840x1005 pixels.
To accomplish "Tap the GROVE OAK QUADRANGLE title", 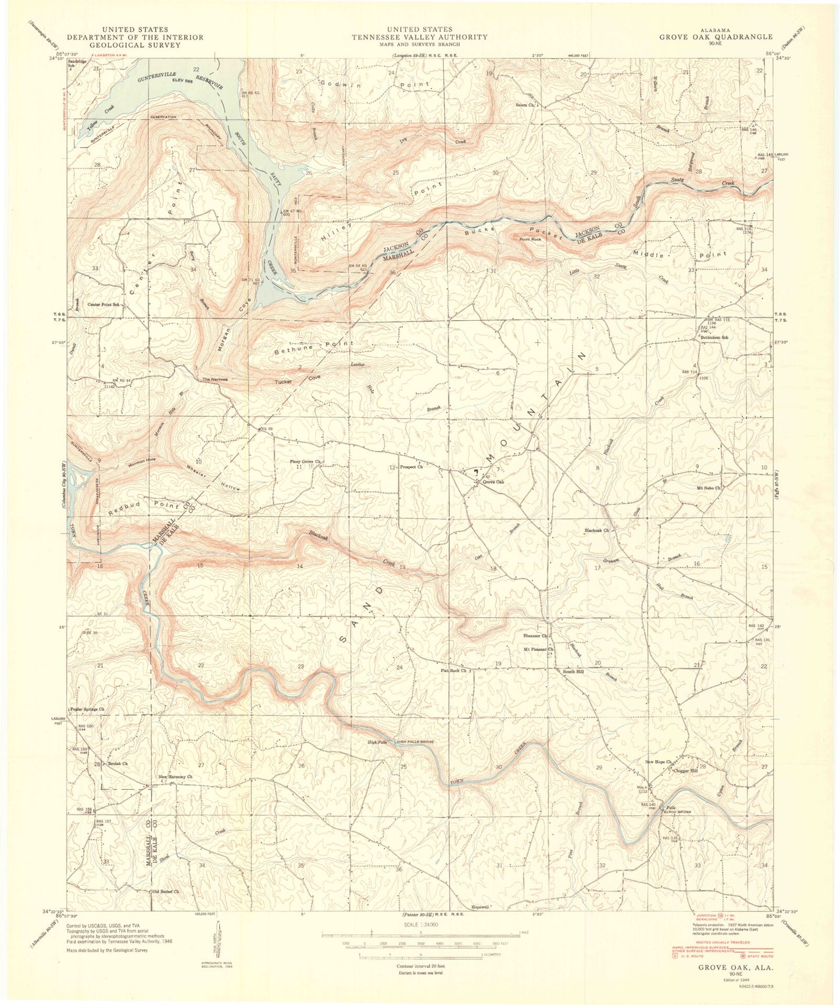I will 716,37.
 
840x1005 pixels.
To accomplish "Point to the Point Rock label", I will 530,239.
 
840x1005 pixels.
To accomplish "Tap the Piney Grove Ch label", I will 306,462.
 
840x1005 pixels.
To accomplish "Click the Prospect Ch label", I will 411,467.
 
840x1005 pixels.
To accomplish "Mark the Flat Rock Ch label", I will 453,670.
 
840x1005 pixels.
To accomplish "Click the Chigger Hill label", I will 684,771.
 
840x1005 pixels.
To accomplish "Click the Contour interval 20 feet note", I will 420,965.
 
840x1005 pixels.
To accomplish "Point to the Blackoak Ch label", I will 597,530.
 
